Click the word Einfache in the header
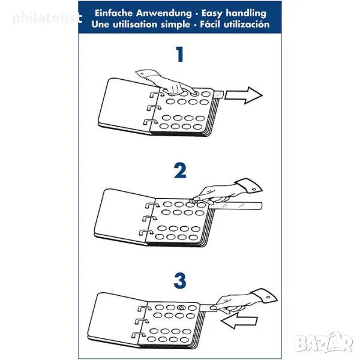pyautogui.click(x=113, y=13)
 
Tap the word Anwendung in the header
pyautogui.click(x=164, y=13)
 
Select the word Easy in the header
pyautogui.click(x=212, y=14)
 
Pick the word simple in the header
pyautogui.click(x=176, y=25)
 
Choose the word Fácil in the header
pyautogui.click(x=211, y=25)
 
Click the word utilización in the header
pyautogui.click(x=247, y=25)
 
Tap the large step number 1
pyautogui.click(x=180, y=54)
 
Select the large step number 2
pyautogui.click(x=180, y=170)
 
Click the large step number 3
pyautogui.click(x=180, y=281)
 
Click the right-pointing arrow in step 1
pyautogui.click(x=244, y=95)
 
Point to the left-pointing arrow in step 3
pyautogui.click(x=239, y=320)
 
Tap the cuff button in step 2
pyautogui.click(x=254, y=189)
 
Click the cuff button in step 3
pyautogui.click(x=269, y=298)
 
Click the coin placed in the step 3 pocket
pyautogui.click(x=181, y=307)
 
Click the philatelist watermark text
pyautogui.click(x=47, y=19)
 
